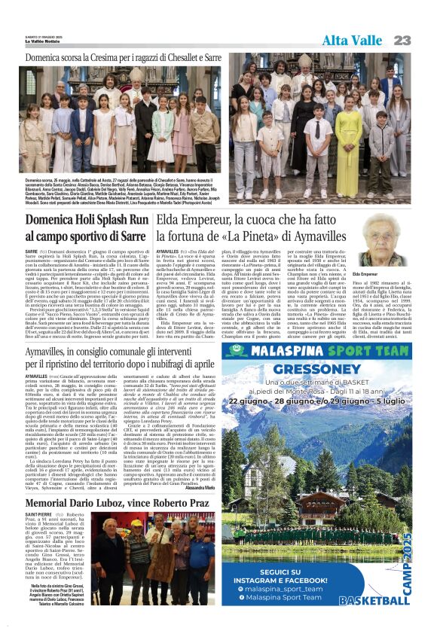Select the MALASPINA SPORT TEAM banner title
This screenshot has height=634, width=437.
point(325,351)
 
